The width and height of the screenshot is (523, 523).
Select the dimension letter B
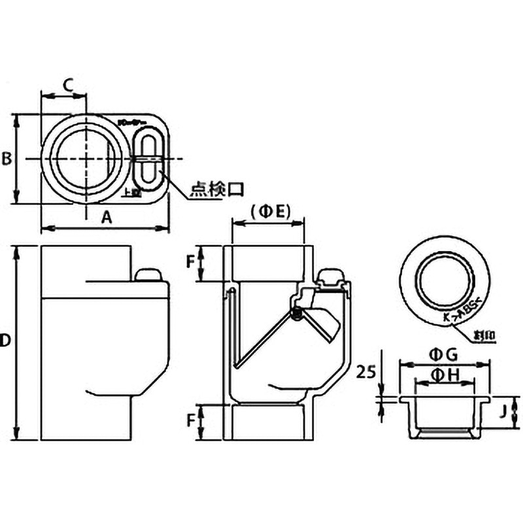click(6, 159)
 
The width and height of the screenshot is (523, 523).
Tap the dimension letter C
click(68, 84)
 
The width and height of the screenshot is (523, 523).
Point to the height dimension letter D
click(6, 340)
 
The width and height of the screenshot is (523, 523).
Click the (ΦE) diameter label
click(269, 211)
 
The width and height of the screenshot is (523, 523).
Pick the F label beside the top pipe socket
click(191, 262)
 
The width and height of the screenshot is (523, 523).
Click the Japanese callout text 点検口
click(216, 190)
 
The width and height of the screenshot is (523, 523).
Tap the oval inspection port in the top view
click(148, 158)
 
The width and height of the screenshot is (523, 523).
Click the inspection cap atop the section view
click(331, 277)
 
